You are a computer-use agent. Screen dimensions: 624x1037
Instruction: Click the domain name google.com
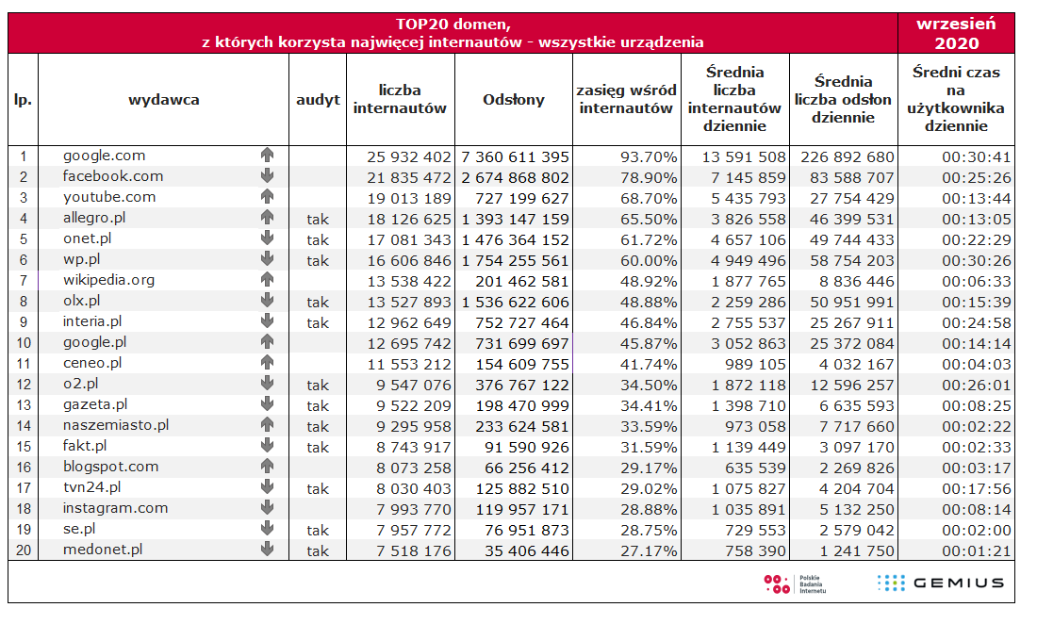104,156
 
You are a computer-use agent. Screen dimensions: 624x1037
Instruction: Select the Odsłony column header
514,100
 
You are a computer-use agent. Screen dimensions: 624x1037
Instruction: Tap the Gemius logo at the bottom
941,583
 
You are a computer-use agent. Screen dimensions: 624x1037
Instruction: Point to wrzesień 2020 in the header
956,33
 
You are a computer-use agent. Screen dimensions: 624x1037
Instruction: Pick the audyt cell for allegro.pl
318,219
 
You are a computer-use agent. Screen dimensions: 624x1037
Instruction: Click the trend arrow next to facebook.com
267,176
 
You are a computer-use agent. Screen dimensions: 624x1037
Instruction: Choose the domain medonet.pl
103,550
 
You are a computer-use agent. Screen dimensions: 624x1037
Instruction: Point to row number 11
24,364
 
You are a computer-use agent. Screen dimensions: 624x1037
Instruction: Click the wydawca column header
164,100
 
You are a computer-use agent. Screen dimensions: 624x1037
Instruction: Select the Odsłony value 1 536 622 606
516,302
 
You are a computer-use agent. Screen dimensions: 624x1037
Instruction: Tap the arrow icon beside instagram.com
267,508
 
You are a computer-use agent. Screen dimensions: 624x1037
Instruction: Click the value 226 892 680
843,156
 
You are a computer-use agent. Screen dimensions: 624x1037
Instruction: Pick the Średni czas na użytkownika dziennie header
956,99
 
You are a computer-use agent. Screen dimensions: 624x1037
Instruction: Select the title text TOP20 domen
453,24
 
